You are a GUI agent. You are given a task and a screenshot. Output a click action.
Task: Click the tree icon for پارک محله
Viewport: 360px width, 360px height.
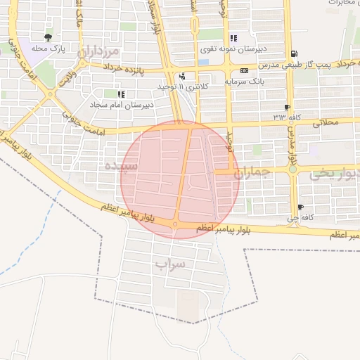(48, 37)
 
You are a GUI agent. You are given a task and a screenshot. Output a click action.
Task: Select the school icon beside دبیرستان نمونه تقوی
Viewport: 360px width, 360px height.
(233, 38)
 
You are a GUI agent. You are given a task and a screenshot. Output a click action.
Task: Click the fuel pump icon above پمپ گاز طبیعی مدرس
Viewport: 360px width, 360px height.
(294, 53)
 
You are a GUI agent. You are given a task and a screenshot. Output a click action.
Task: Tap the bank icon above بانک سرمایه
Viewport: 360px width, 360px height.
(244, 70)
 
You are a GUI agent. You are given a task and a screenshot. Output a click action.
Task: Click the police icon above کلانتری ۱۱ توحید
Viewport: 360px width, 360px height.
(183, 76)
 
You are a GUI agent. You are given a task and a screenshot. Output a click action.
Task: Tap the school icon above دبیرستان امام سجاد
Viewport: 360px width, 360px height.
(121, 94)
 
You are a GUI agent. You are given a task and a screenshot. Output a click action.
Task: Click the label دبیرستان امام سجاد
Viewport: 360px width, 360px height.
(121, 105)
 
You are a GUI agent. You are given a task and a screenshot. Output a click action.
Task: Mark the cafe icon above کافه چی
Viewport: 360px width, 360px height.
(301, 207)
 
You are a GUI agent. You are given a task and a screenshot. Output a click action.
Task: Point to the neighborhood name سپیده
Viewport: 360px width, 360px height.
(117, 166)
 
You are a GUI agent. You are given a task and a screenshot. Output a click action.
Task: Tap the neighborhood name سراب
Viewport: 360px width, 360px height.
(169, 264)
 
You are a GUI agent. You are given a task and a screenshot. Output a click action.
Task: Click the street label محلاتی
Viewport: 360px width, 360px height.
(323, 122)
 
